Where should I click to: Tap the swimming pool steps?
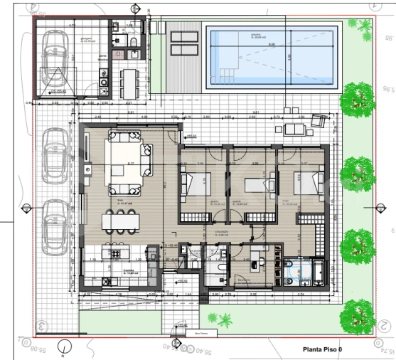tap(225, 73)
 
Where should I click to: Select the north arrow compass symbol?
tap(66, 347)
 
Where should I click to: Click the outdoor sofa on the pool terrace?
tap(294, 129)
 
